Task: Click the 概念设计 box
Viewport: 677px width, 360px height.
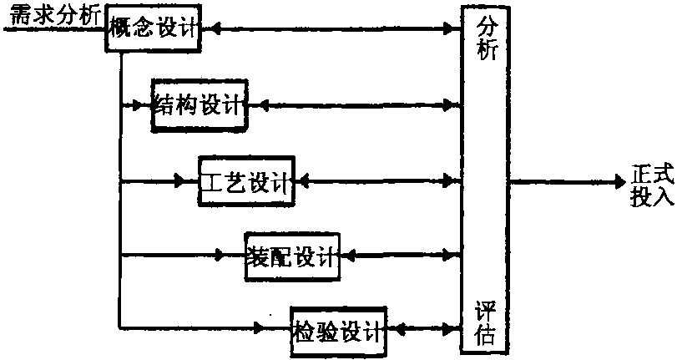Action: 154,29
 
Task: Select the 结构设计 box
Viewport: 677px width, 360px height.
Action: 200,105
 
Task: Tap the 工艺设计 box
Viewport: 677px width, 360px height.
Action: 246,180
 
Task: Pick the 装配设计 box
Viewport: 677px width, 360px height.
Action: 292,255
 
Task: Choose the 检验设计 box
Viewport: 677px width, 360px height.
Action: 338,331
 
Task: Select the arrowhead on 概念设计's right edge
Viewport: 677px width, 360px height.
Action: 212,29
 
